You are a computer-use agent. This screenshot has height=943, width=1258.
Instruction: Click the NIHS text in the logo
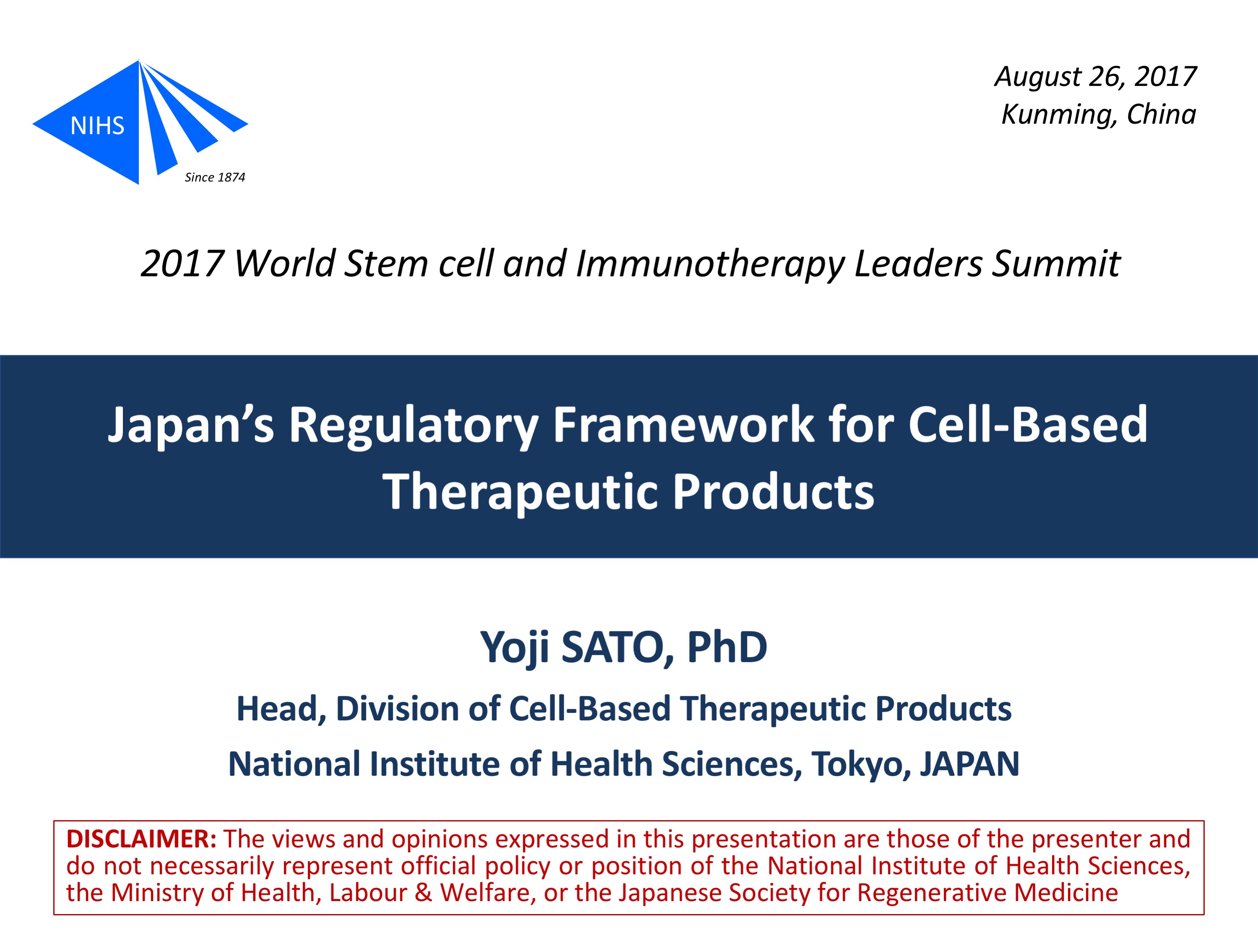[97, 126]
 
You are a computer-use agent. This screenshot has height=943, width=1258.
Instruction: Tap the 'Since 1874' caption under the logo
[215, 177]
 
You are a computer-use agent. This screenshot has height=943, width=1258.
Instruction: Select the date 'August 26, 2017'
[1095, 77]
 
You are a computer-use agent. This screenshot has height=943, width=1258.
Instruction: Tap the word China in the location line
[1162, 114]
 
